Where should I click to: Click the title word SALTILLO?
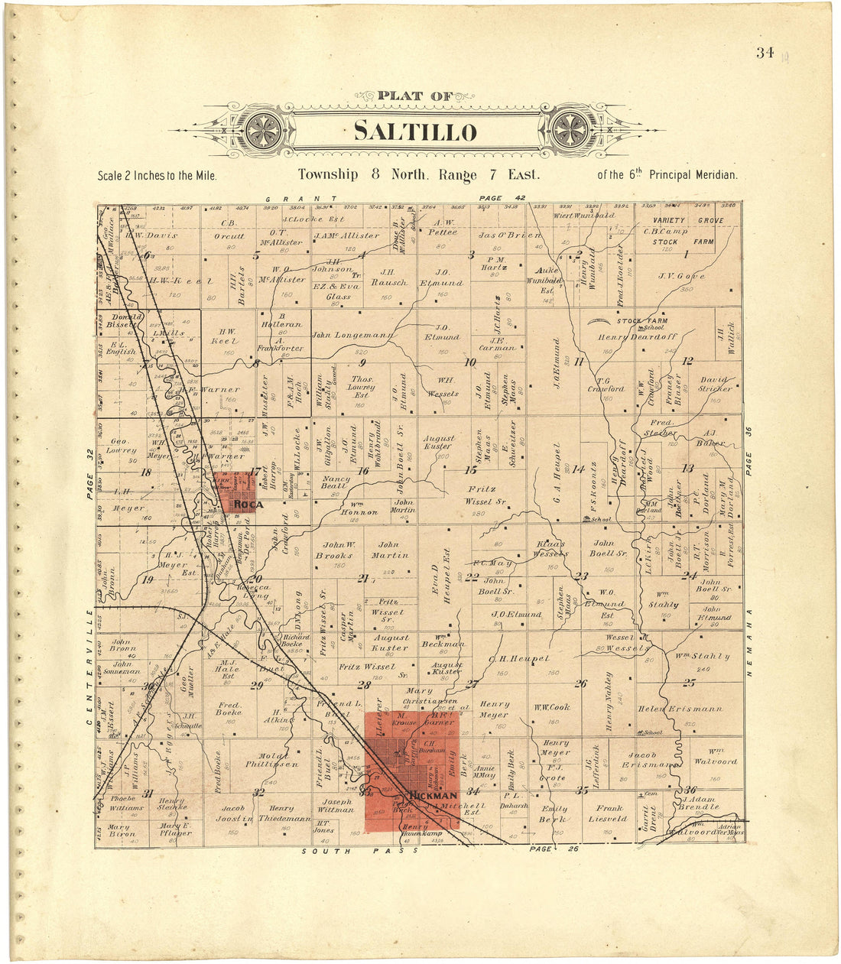tap(415, 131)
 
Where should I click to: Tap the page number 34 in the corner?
tap(764, 53)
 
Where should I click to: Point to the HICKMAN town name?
tap(433, 796)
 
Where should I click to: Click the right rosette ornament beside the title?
tap(569, 129)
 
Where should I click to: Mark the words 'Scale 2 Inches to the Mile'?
tap(157, 176)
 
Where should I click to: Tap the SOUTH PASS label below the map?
tap(337, 851)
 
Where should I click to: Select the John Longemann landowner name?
tap(352, 335)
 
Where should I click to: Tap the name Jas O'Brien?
tap(510, 235)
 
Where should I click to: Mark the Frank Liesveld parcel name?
tap(608, 813)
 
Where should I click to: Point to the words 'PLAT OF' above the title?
tap(415, 97)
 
